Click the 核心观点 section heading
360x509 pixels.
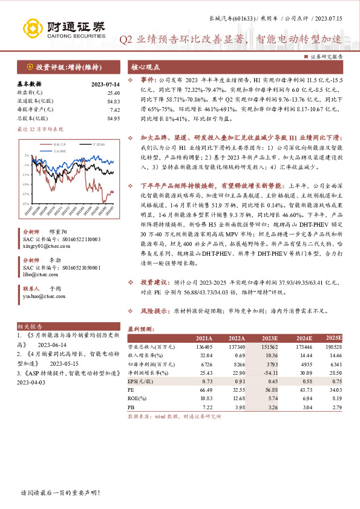tap(145, 67)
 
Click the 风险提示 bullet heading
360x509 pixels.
tap(154, 312)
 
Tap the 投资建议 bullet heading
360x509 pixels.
tap(154, 282)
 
